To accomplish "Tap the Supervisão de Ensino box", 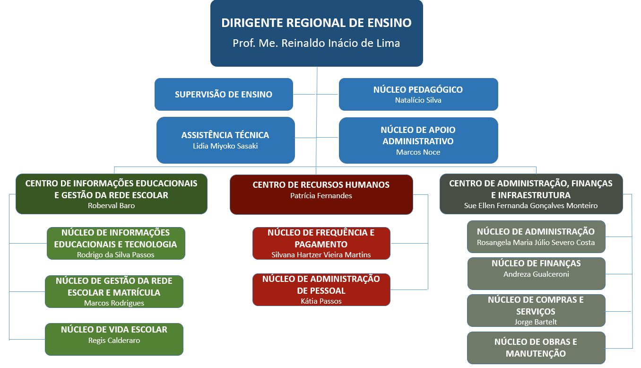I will [224, 94].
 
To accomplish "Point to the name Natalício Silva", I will [418, 100].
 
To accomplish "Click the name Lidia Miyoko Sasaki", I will [225, 146].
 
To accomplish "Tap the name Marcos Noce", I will [418, 152].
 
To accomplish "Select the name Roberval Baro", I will [111, 205].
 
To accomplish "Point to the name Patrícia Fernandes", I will [321, 195].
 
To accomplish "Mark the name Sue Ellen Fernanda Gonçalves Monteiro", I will [531, 205].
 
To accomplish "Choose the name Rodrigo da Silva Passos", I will [115, 254].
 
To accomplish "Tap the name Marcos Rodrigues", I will [114, 303].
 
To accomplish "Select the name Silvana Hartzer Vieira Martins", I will [321, 254].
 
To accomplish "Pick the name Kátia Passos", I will [321, 301].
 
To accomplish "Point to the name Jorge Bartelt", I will [536, 322].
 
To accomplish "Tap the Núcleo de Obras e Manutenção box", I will [536, 347].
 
